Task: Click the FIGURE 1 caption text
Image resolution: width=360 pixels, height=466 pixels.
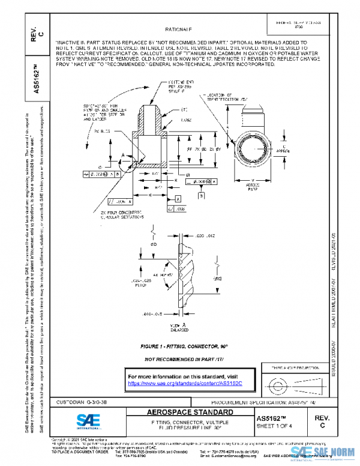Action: tap(180, 347)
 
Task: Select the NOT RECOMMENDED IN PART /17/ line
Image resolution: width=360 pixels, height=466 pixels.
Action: tap(180, 359)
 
